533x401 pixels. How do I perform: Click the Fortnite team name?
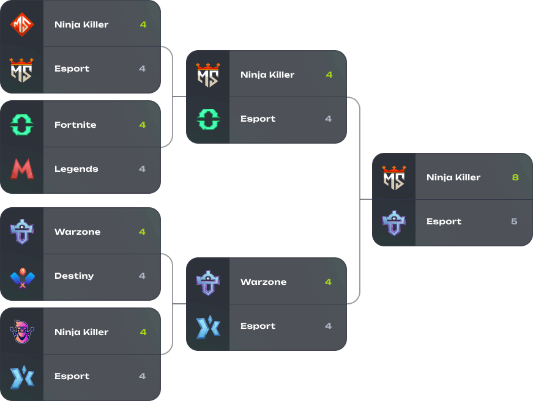75,125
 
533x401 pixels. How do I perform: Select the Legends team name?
76,169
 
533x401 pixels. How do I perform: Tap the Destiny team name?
74,276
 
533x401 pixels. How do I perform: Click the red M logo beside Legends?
22,169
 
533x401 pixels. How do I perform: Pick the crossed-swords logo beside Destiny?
22,276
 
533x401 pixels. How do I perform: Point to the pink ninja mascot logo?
22,332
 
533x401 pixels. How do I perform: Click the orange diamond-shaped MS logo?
22,24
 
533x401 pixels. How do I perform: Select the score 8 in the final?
515,177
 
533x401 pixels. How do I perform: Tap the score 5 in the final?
514,221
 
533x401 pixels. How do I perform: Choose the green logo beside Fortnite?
22,125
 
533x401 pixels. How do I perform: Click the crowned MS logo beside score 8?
394,177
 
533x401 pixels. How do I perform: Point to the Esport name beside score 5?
444,221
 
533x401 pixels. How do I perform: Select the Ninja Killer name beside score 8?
453,177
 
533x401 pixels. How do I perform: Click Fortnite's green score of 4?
142,125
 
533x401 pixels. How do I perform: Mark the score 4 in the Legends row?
142,169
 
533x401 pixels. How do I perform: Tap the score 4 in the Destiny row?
142,276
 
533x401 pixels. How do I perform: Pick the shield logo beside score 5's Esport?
394,222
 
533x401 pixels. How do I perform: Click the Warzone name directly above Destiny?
77,232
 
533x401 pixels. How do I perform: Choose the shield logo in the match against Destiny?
22,232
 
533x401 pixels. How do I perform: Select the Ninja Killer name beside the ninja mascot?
81,332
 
